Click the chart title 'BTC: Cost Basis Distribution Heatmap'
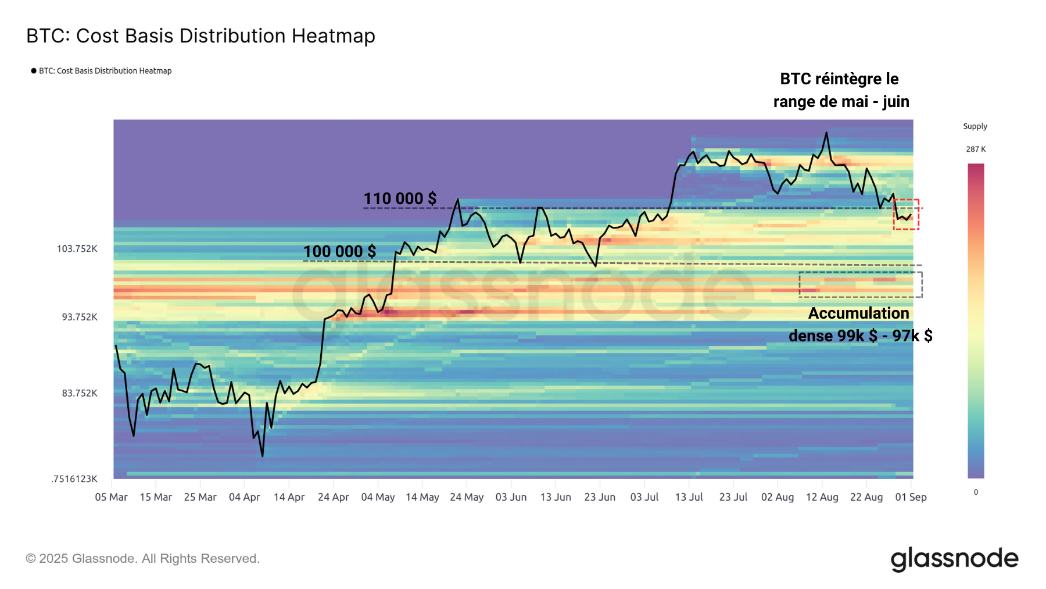click(200, 36)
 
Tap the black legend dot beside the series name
click(34, 71)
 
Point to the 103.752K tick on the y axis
click(77, 249)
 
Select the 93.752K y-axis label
click(80, 317)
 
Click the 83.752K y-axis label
click(80, 394)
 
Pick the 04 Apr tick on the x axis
click(244, 497)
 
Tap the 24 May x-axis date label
click(467, 497)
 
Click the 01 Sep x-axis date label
click(911, 497)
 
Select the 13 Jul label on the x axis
click(689, 497)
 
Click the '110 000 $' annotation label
click(400, 199)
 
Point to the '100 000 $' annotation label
click(339, 252)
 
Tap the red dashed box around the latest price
click(906, 215)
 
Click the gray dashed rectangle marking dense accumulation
click(860, 285)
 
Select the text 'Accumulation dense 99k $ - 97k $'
click(860, 324)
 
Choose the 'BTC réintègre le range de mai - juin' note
click(840, 90)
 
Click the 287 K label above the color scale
click(976, 149)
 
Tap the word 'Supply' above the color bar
click(975, 126)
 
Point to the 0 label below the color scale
click(976, 492)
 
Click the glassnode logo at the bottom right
click(954, 559)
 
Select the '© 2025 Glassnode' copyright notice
click(142, 559)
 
